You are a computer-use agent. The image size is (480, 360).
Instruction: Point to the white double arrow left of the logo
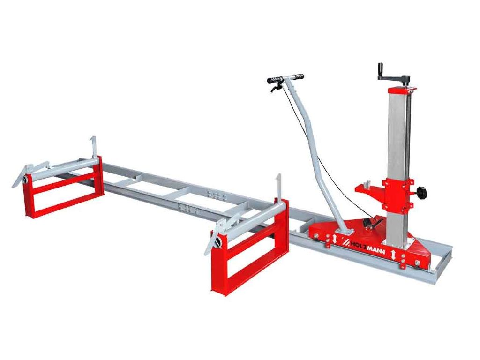[x=334, y=239]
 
